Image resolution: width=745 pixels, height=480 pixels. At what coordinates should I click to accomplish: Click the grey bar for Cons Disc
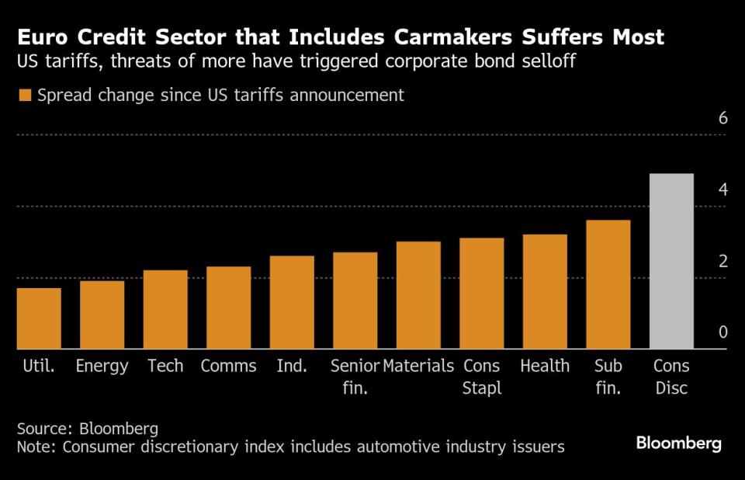click(671, 261)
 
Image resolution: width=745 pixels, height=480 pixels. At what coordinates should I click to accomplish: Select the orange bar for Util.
click(39, 318)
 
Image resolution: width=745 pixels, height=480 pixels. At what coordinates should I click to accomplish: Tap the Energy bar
click(102, 315)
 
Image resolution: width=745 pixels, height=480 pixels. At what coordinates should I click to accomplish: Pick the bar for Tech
click(165, 309)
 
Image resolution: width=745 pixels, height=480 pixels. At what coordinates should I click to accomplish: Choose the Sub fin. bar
click(608, 284)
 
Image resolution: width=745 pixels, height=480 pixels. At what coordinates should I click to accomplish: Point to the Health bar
click(545, 291)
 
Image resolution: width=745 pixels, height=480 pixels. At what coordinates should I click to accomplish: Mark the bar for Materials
click(418, 295)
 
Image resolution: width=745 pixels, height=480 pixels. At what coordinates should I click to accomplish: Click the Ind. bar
click(292, 302)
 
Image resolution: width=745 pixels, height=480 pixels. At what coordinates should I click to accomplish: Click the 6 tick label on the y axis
click(722, 118)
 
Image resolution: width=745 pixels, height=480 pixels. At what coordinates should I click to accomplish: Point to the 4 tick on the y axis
click(722, 190)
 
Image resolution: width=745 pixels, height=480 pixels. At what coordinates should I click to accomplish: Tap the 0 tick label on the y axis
click(722, 332)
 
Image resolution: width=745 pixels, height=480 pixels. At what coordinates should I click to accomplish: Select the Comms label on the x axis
click(228, 366)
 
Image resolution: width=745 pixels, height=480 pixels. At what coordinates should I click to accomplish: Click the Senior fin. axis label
click(355, 377)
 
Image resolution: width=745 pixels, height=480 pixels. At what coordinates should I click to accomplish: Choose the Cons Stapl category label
click(482, 377)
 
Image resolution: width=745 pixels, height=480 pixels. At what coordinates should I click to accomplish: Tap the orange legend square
click(24, 96)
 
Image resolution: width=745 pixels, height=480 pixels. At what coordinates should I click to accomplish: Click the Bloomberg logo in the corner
click(678, 443)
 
